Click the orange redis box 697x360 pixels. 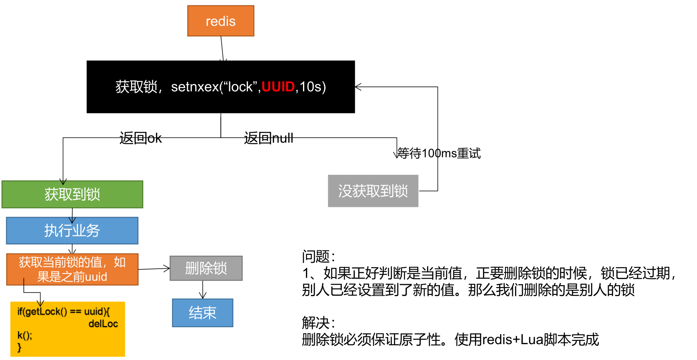pos(220,21)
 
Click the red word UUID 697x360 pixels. pos(278,87)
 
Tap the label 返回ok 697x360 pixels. pos(140,138)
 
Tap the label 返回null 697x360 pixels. pos(268,138)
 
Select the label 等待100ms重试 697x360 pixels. pos(439,154)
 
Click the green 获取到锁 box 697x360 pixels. pos(72,194)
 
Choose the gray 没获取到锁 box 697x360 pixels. pos(373,191)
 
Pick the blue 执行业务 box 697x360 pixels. pos(72,231)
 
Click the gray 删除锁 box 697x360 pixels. pos(206,268)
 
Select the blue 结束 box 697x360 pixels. pos(202,313)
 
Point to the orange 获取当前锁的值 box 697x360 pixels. pos(72,269)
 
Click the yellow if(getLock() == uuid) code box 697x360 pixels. pos(67,329)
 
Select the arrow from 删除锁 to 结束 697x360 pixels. pos(203,290)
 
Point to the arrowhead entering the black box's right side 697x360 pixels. pos(358,87)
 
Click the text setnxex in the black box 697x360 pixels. pos(195,87)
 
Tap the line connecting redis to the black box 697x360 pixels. pos(222,48)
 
